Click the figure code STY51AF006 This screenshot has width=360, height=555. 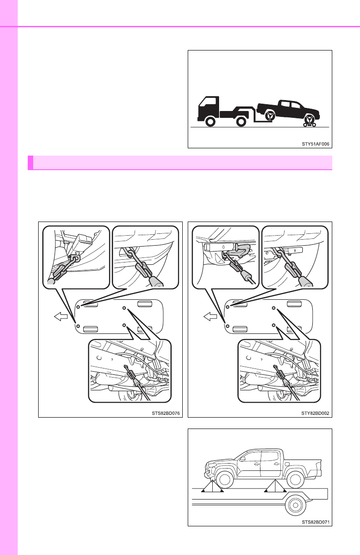point(315,144)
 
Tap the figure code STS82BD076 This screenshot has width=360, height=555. point(165,413)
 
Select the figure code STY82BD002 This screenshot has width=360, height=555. point(315,413)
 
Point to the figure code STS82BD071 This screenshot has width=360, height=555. point(315,522)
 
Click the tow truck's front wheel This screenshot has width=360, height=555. point(210,121)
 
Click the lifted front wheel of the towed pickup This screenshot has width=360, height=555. point(270,116)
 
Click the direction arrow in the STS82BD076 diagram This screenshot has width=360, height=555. point(61,317)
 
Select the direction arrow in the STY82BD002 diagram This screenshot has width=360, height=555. point(210,317)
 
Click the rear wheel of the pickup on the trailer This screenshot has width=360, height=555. point(295,479)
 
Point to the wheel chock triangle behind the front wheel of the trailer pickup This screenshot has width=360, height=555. point(275,486)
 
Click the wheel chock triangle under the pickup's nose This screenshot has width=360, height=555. point(212,486)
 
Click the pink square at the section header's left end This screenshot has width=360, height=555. point(30,162)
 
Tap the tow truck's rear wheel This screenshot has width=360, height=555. point(241,121)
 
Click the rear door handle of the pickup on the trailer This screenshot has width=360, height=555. point(276,463)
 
